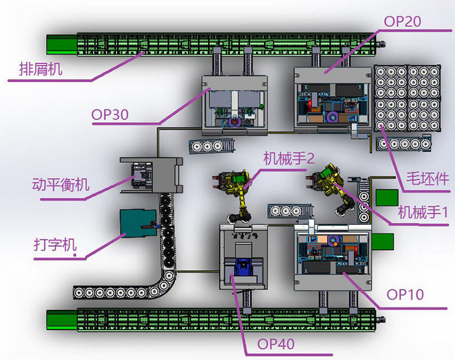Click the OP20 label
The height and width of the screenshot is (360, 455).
tap(402, 21)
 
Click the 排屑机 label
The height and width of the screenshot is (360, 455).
tap(40, 69)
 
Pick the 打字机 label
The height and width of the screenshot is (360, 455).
tap(55, 246)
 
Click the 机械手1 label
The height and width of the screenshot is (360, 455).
tap(423, 212)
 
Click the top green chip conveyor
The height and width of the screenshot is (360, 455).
tap(214, 43)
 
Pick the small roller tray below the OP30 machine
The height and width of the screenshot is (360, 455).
tap(209, 146)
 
